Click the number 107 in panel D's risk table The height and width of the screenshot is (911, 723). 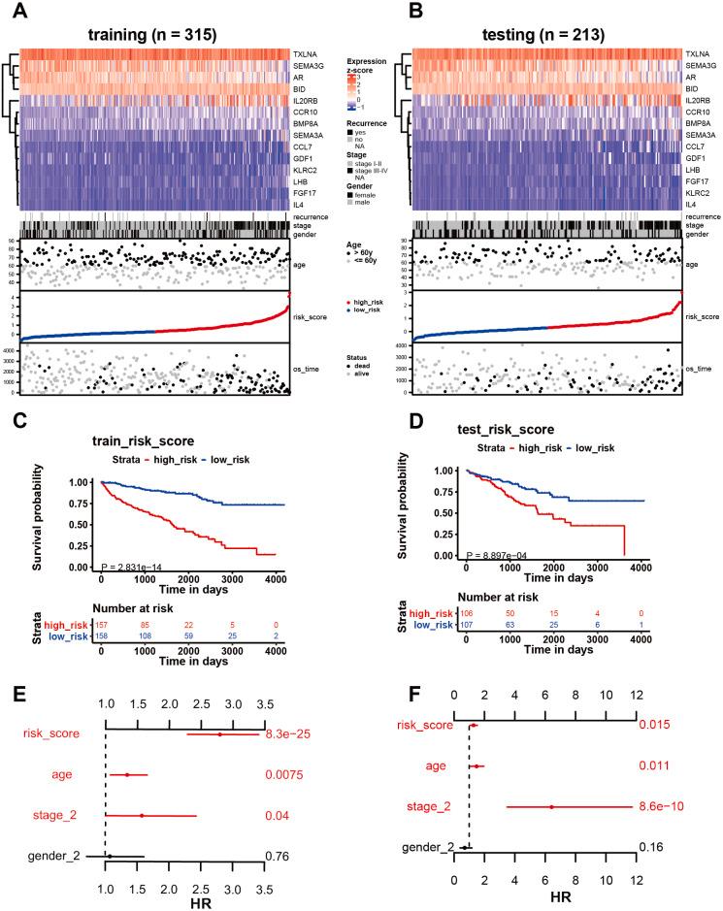pos(469,626)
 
